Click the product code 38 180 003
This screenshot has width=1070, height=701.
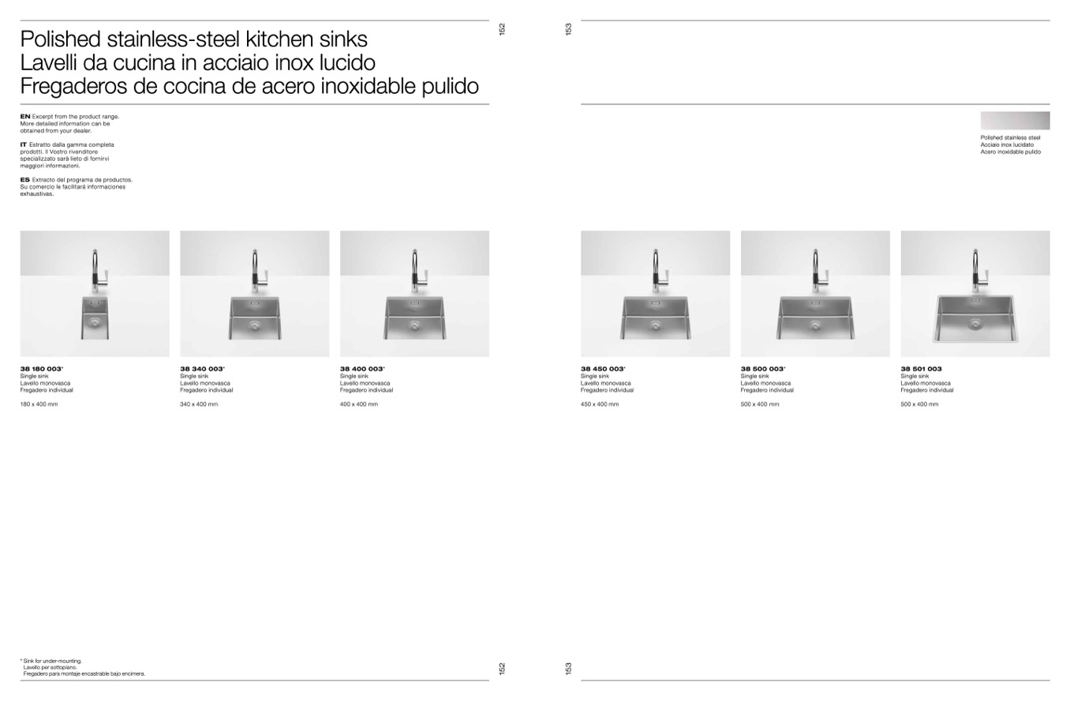(x=41, y=369)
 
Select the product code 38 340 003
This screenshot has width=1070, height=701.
(x=201, y=369)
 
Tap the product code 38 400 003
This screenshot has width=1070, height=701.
(x=361, y=369)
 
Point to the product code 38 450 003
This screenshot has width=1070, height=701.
(x=602, y=369)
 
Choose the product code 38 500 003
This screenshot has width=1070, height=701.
(x=762, y=369)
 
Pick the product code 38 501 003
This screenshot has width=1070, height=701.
(x=921, y=369)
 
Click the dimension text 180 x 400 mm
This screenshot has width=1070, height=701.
(x=39, y=404)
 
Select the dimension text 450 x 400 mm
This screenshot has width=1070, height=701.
(x=600, y=404)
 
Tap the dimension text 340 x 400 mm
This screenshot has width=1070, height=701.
(x=199, y=404)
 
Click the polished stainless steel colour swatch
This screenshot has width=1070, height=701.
(x=1015, y=121)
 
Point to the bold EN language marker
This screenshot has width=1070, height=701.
(x=24, y=117)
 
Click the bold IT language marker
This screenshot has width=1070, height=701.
(x=23, y=144)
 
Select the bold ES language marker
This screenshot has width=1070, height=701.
(x=24, y=180)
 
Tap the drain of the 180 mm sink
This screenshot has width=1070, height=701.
(x=95, y=323)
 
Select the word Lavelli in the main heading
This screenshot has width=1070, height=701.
(x=48, y=63)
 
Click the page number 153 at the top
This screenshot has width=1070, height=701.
(x=568, y=29)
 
